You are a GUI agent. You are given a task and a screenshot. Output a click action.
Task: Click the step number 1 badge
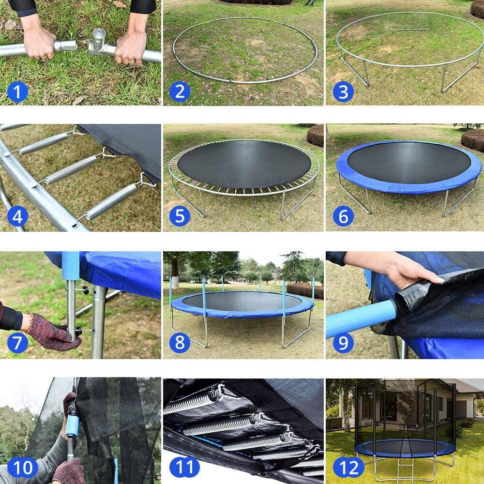point(17,91)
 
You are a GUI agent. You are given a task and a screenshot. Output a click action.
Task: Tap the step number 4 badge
point(17,216)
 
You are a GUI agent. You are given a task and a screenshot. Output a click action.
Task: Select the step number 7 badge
point(17,343)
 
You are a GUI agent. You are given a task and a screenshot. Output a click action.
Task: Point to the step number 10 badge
point(23,468)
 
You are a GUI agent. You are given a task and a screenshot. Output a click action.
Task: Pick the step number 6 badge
point(343,216)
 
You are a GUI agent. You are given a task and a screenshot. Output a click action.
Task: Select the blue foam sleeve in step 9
point(361,318)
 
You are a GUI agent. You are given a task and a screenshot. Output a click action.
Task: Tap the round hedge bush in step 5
point(315,136)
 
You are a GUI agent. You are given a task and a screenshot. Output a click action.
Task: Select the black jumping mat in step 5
point(243,164)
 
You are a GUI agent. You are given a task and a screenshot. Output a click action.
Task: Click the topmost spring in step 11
point(191,401)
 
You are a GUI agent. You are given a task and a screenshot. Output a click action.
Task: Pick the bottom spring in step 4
point(111,201)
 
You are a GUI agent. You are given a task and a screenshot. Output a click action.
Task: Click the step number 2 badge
point(180,91)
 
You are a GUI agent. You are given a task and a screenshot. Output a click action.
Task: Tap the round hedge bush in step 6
point(472,139)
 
